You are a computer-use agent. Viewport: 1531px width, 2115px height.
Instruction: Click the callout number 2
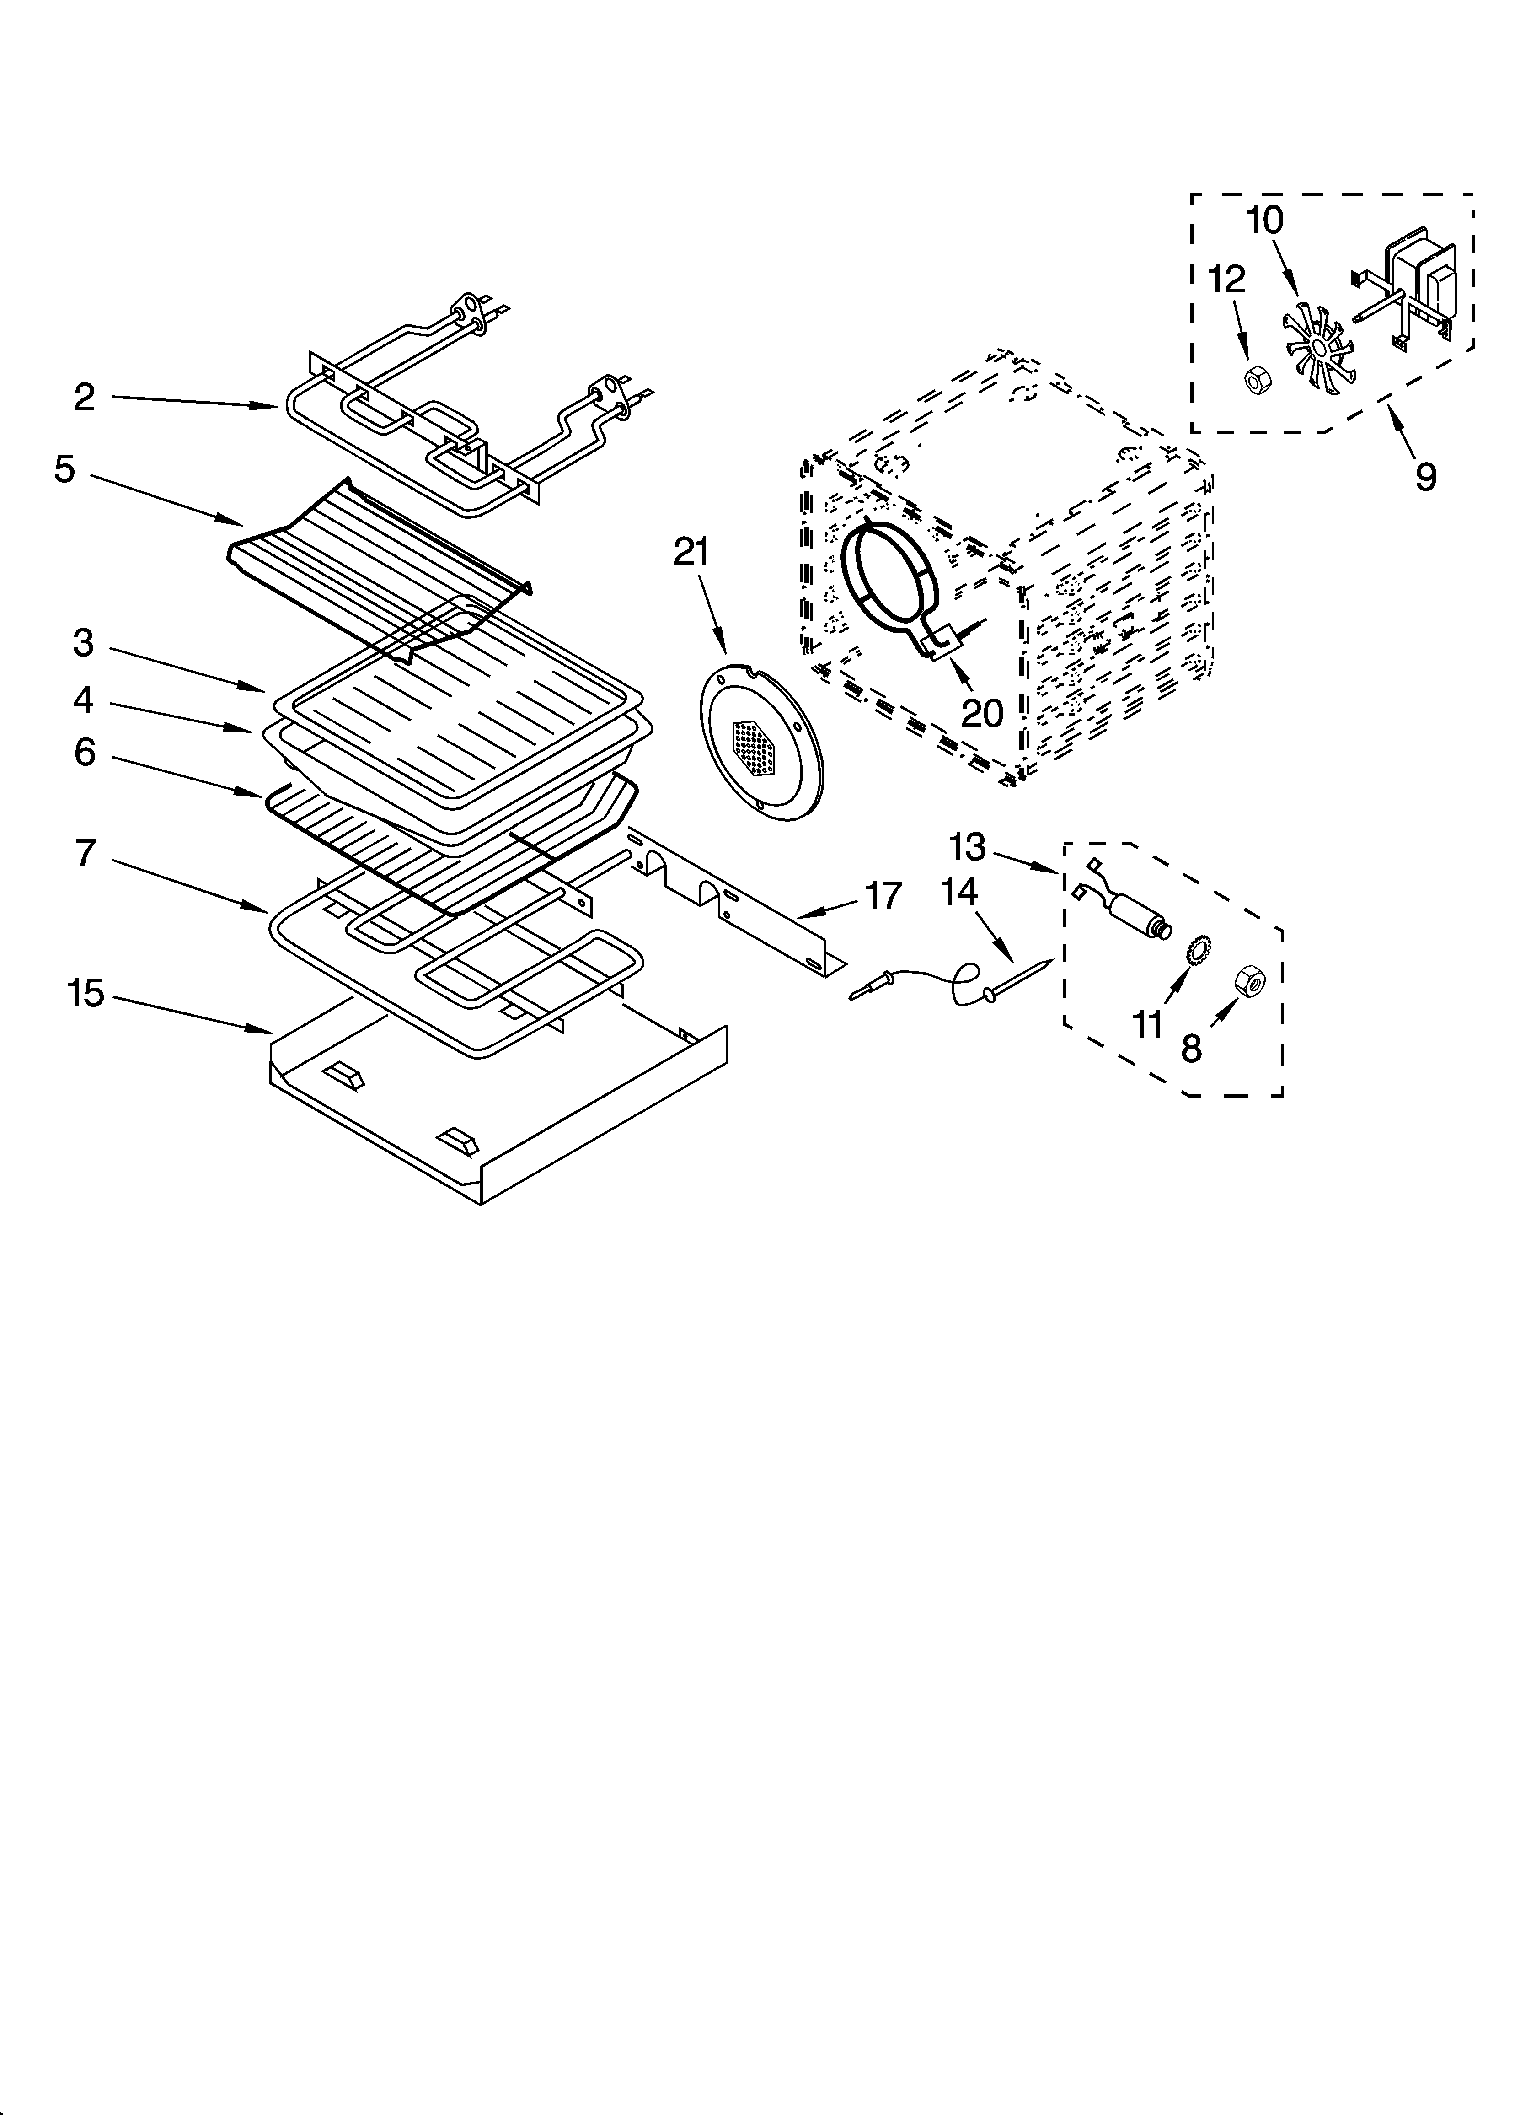pyautogui.click(x=85, y=398)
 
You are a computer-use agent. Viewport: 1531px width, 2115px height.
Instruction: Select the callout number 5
pyautogui.click(x=64, y=469)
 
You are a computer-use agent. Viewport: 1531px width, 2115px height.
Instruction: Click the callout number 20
pyautogui.click(x=982, y=713)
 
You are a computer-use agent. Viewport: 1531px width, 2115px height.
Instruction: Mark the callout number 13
pyautogui.click(x=967, y=847)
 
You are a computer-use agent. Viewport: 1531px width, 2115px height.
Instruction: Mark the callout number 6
pyautogui.click(x=85, y=752)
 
